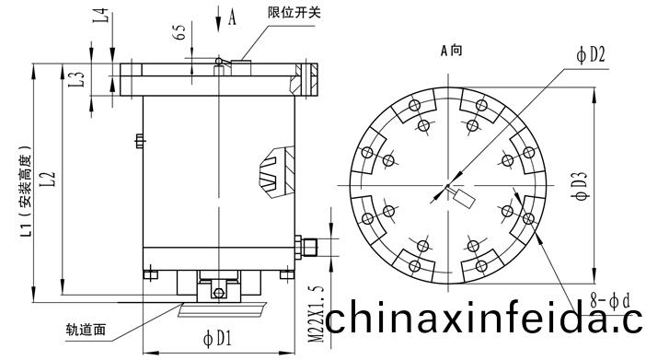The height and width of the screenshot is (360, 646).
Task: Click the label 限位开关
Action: (294, 12)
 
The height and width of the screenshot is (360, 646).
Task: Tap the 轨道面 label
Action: (86, 329)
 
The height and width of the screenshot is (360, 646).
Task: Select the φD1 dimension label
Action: (217, 338)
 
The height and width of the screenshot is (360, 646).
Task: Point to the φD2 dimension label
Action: (591, 55)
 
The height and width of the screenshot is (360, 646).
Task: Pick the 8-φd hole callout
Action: (610, 301)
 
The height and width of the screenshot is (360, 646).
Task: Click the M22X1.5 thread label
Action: (317, 314)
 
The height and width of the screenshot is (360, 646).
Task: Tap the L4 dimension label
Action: (101, 16)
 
